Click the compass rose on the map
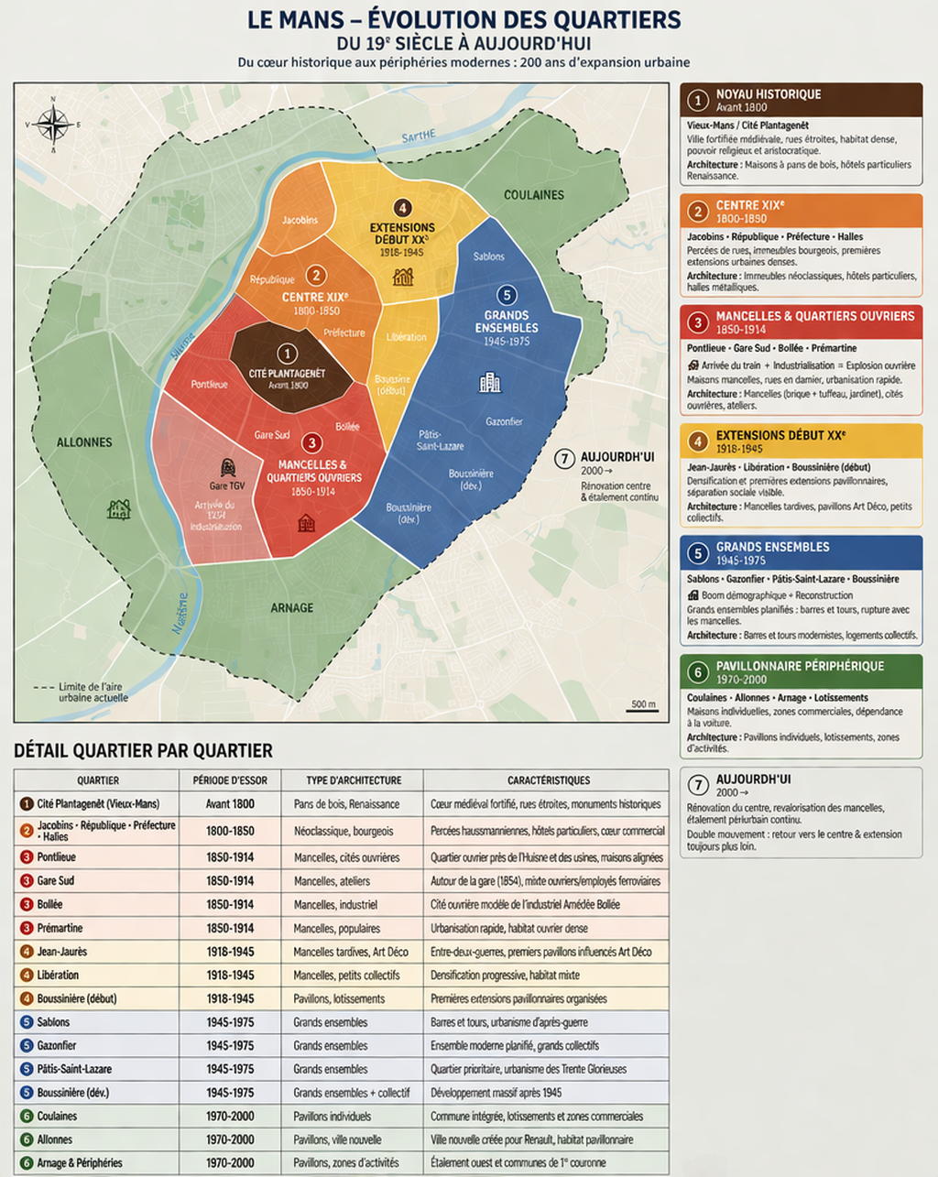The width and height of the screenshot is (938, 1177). (53, 124)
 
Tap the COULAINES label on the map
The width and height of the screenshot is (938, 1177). (534, 195)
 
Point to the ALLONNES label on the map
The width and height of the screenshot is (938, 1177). (84, 442)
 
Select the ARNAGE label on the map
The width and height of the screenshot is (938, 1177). (291, 608)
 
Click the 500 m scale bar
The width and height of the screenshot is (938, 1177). (643, 710)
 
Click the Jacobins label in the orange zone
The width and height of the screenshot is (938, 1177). (300, 220)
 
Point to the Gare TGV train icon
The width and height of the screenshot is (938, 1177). (228, 468)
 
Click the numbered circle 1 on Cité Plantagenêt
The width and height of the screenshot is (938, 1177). (287, 354)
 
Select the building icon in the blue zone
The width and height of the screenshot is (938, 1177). (490, 382)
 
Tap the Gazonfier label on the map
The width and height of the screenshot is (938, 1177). (504, 421)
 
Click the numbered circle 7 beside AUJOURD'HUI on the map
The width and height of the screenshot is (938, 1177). (565, 458)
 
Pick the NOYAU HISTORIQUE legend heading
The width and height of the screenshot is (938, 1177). (768, 94)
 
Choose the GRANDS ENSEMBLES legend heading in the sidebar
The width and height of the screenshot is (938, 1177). (772, 547)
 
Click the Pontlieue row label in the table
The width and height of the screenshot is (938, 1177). (56, 857)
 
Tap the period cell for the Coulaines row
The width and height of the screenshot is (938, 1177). (230, 1117)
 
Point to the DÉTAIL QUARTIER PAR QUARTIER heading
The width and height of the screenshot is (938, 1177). (143, 751)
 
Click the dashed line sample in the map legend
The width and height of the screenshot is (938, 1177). (43, 687)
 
